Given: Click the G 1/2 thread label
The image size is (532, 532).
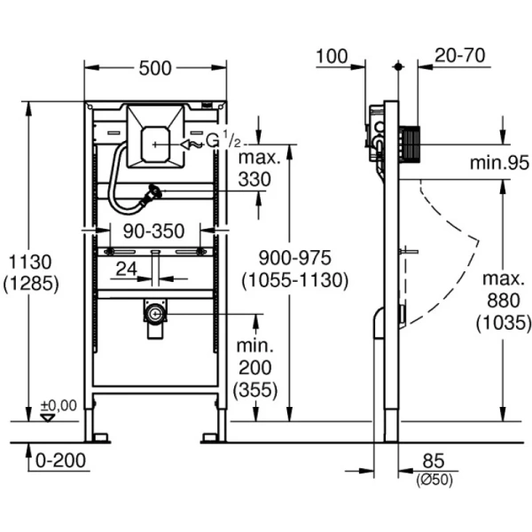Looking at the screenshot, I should (x=223, y=141).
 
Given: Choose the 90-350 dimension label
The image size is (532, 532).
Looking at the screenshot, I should (x=154, y=231).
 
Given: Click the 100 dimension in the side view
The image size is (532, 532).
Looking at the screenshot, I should (x=331, y=57).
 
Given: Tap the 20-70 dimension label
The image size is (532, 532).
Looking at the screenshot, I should (x=460, y=57).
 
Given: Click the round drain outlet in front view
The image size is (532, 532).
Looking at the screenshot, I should (x=156, y=312).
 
